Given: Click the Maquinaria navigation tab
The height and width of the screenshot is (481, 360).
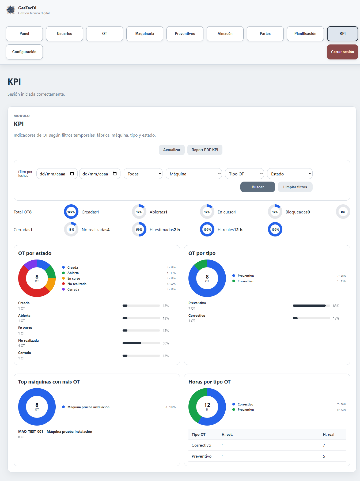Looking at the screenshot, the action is pos(145,34).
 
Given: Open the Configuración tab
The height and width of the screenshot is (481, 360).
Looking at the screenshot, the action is pos(24,52).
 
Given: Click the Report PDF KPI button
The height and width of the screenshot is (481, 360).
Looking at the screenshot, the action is pos(205,150).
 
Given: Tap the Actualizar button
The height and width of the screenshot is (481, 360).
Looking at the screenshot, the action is pos(172,150).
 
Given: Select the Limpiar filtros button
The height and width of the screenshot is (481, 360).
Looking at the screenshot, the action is pos(295,187).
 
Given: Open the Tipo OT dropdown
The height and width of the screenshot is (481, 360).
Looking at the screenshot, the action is pos(244,174).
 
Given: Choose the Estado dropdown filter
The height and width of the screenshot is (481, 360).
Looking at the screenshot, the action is pos(290,174).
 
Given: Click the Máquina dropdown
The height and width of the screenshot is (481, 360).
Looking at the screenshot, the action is pos(194,174).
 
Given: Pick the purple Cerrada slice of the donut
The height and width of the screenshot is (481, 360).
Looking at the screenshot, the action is pos(29,264).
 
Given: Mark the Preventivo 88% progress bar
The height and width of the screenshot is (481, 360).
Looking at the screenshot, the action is pos(311,306).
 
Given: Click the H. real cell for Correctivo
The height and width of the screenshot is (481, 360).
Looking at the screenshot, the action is pos(324,445).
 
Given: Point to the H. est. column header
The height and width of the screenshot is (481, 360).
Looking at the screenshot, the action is pos(227,434).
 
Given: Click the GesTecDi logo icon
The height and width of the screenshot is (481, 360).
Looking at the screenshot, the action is pos(11,10).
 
